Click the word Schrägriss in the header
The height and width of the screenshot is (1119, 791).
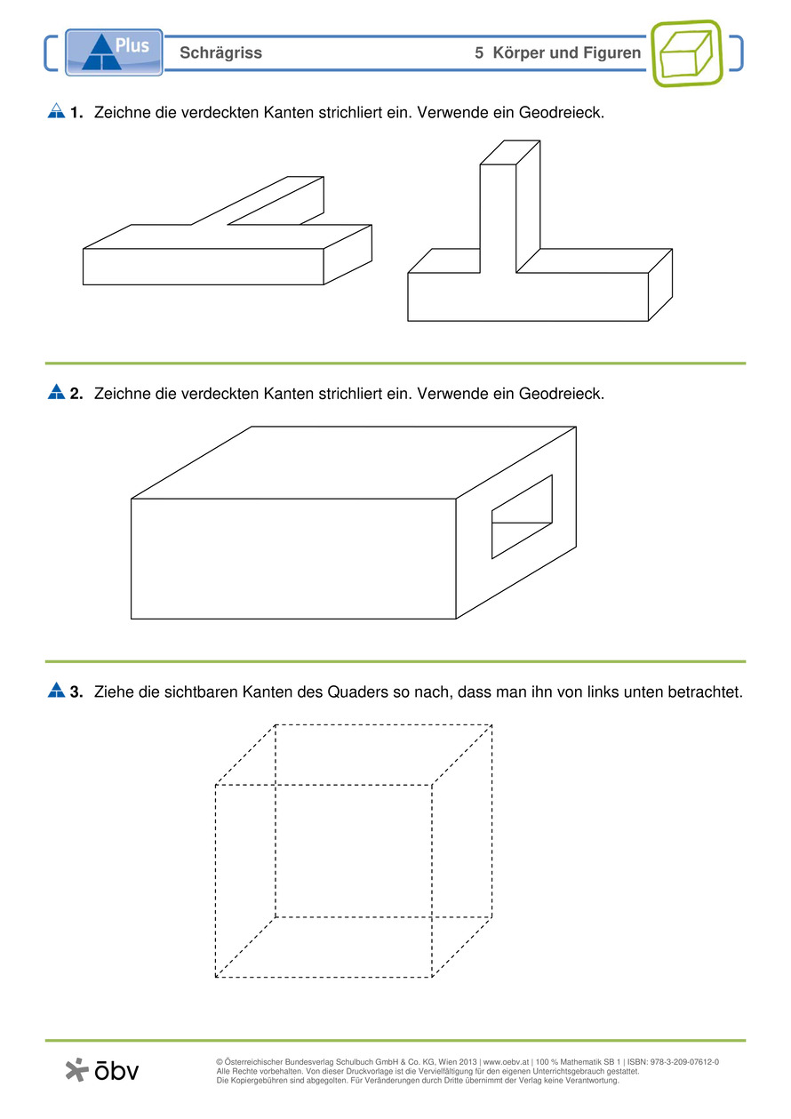[220, 52]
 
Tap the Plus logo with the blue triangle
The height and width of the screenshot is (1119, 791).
[114, 52]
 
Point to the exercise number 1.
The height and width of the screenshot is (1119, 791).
[76, 113]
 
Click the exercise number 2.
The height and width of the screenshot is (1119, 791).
[76, 394]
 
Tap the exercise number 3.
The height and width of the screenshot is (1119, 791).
[76, 691]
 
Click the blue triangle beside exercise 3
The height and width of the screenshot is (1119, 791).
[57, 690]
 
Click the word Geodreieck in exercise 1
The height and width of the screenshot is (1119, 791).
[561, 113]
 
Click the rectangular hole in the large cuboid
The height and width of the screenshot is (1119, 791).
[522, 516]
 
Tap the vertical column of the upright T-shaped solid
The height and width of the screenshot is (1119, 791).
[499, 219]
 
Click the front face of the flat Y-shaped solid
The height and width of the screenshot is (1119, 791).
[204, 267]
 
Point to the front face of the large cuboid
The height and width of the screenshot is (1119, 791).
[293, 558]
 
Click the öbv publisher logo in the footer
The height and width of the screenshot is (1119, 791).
[102, 1070]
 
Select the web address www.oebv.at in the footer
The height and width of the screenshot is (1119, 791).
[506, 1062]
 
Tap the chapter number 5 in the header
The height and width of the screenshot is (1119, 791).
[479, 52]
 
